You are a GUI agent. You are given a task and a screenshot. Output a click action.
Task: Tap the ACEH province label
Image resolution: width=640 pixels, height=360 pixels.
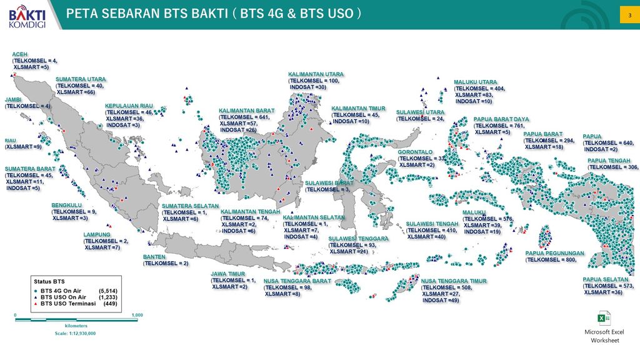[19, 54]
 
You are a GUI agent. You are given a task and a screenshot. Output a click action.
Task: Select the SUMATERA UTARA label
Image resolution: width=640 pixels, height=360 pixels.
[81, 79]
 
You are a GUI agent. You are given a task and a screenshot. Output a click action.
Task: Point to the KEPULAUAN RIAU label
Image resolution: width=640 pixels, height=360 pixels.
[129, 106]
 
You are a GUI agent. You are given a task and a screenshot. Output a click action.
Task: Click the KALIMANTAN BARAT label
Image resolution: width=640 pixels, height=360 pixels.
[247, 111]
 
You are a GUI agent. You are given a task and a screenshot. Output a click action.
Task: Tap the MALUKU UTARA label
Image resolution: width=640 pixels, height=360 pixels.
[475, 82]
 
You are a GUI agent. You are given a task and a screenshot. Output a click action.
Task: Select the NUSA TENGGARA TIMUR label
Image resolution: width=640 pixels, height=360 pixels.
[453, 281]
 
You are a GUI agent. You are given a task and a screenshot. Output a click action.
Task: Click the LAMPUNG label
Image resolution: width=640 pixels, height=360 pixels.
[97, 235]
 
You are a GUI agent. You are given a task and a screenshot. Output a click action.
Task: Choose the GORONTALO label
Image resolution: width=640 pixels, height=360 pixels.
[415, 152]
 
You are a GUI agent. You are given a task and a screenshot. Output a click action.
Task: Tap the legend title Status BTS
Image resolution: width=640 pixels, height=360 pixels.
[47, 281]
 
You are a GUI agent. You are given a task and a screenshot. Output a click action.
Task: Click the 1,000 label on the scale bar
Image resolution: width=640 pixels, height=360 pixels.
[137, 315]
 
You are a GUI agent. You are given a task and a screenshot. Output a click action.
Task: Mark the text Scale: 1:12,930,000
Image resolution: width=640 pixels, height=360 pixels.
[75, 333]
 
